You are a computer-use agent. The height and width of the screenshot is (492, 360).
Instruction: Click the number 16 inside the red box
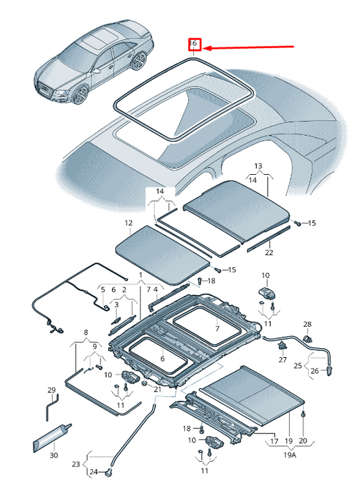194,44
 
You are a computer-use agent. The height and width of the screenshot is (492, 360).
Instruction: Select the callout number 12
128,222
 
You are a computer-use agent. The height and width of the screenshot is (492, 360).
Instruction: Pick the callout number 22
269,252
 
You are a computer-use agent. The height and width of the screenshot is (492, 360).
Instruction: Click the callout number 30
53,455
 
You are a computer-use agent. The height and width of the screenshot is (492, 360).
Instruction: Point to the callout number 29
51,390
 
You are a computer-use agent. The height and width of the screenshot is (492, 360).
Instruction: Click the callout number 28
307,325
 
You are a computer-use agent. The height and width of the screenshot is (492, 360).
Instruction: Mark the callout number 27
283,360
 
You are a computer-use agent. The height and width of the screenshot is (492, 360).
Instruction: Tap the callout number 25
297,365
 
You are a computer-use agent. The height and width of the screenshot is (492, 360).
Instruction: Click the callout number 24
94,471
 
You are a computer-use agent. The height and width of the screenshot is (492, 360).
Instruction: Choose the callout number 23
75,464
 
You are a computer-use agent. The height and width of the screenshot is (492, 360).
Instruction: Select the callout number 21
157,389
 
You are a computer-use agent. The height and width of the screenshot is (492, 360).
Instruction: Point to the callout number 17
274,441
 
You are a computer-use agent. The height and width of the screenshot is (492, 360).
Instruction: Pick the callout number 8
86,333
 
